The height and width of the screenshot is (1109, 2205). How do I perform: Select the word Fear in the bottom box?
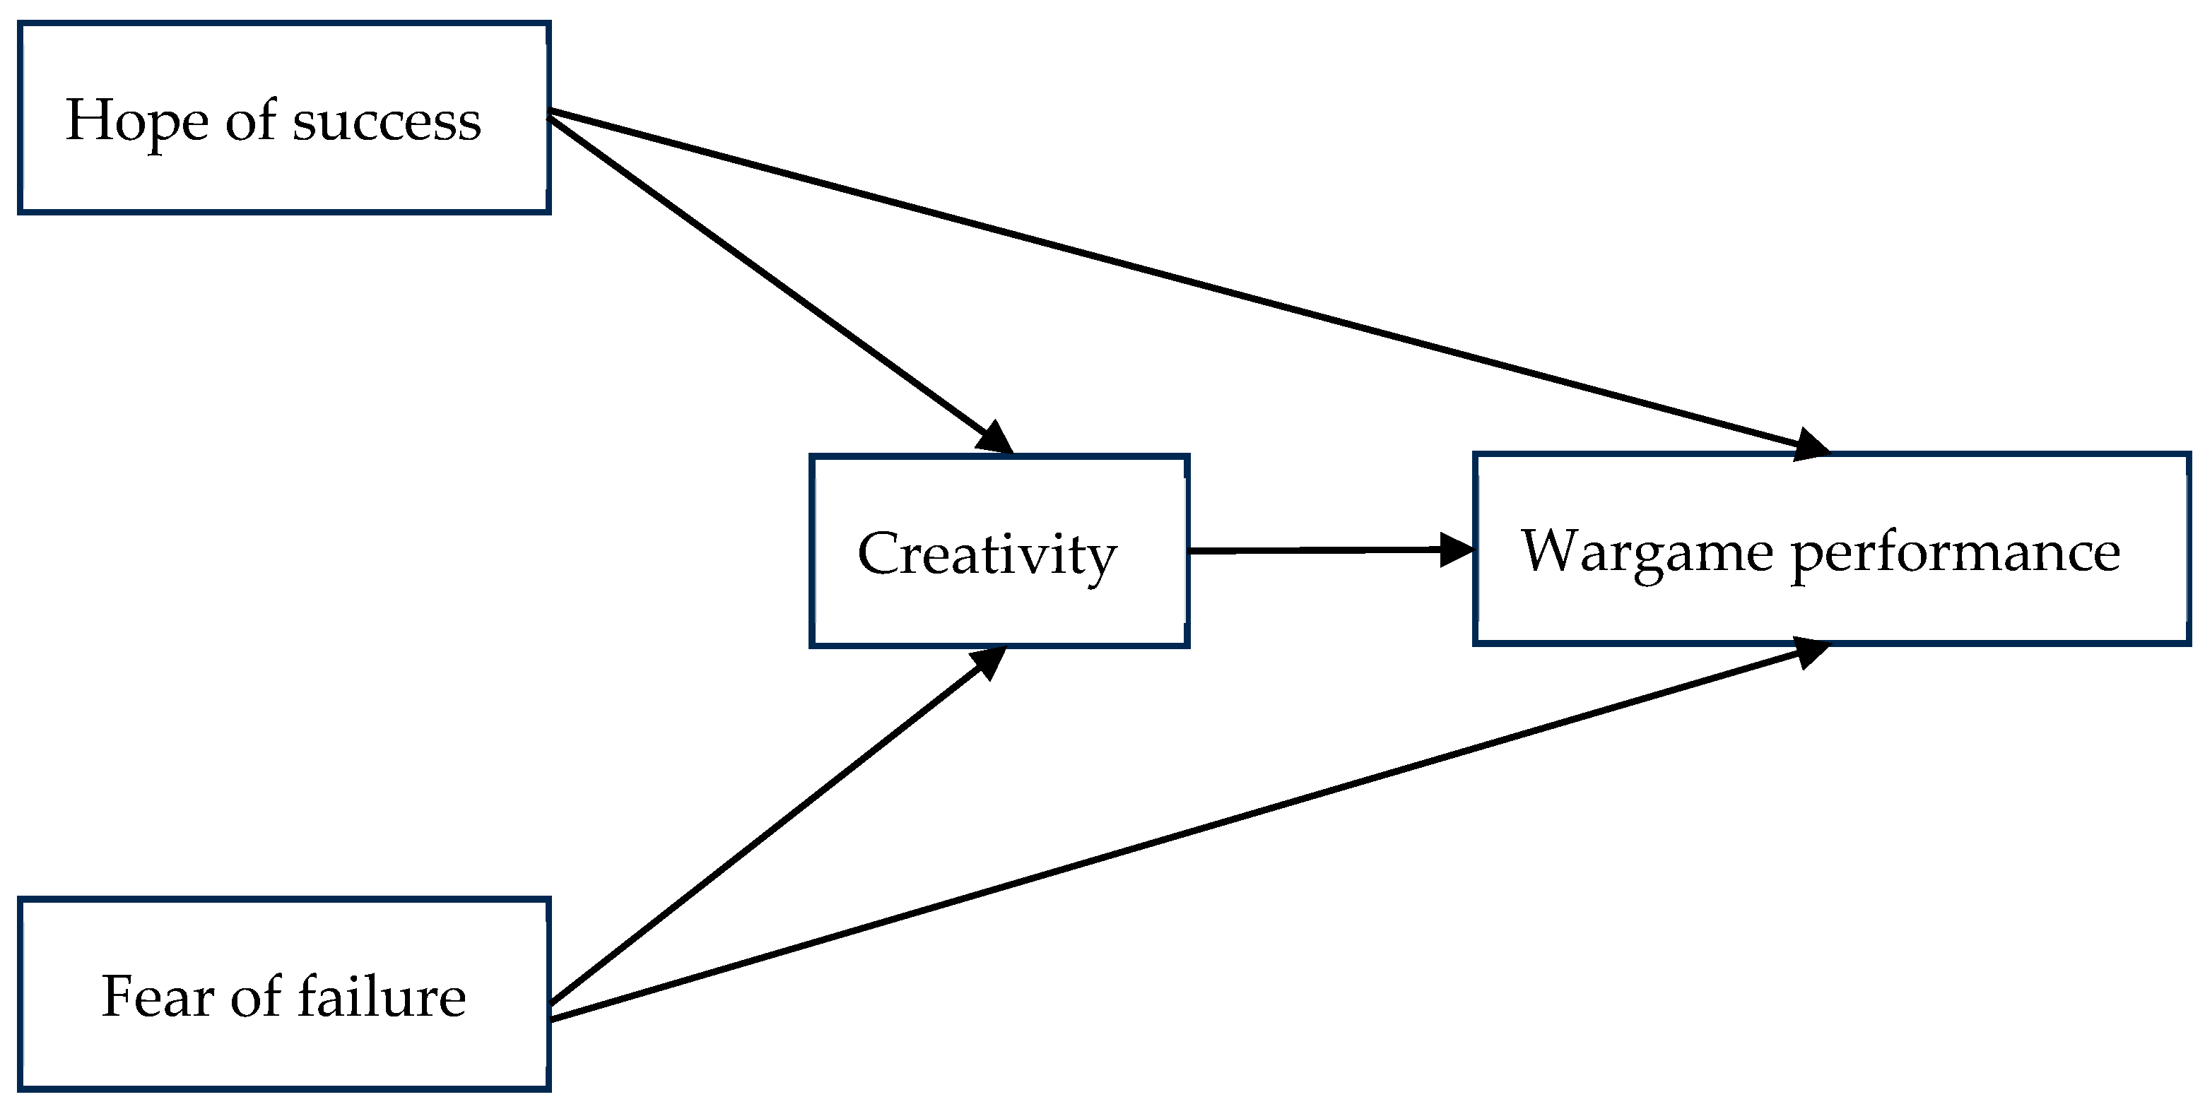click(x=158, y=997)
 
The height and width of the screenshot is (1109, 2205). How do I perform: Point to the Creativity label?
click(x=987, y=555)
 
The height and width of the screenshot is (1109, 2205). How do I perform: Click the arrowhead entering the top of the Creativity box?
click(x=996, y=438)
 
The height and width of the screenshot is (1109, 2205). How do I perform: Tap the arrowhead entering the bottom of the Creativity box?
click(x=990, y=660)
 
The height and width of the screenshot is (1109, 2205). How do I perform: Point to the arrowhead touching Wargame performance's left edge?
click(x=1455, y=550)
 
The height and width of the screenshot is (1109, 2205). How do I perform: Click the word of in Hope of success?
click(x=250, y=121)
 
